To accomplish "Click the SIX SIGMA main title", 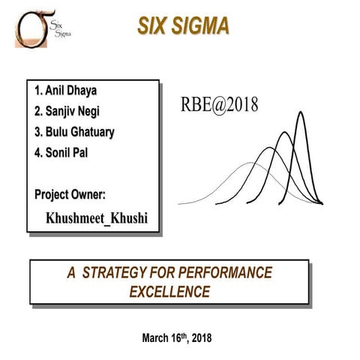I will (x=184, y=25).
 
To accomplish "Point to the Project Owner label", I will (x=70, y=195).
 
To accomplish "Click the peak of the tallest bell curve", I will (x=301, y=112).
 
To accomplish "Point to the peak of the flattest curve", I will (x=241, y=163).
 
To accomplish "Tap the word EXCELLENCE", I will (x=169, y=289).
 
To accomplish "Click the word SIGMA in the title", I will (x=202, y=25).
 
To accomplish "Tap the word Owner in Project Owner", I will (x=89, y=195).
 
